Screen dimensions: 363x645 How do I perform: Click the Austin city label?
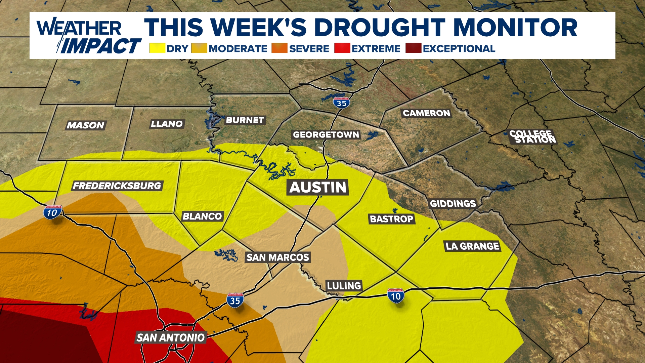click(318, 187)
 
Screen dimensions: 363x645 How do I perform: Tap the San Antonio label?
click(171, 337)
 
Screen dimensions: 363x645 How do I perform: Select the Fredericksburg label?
click(117, 186)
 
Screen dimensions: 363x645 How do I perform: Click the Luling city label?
click(344, 286)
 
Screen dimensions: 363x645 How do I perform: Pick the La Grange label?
click(472, 246)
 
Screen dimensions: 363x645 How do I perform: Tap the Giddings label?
click(453, 204)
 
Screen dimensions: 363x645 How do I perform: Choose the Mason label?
click(86, 125)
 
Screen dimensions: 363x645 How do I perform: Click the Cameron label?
click(426, 113)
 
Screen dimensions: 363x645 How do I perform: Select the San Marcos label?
click(277, 257)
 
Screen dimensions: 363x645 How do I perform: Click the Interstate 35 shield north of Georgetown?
click(341, 103)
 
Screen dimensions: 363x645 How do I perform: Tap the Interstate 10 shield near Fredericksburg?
click(52, 212)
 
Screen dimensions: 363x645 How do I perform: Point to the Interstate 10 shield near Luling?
click(396, 296)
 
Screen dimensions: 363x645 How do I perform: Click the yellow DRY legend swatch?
click(157, 48)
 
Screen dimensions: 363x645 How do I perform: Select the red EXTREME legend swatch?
click(342, 48)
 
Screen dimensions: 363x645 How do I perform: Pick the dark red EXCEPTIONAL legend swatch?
click(413, 48)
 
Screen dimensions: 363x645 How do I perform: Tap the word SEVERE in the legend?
click(309, 49)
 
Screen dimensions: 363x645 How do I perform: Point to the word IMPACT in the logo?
click(101, 46)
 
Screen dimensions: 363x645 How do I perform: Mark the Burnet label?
click(245, 120)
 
